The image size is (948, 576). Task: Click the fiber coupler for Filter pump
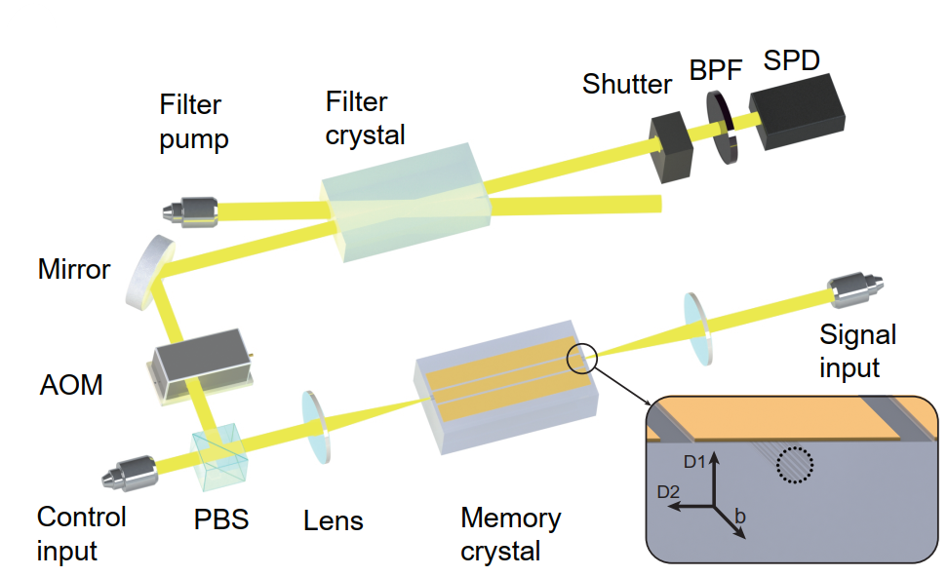[189, 209]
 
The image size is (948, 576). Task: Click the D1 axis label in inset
[692, 460]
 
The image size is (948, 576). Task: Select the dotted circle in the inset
[792, 466]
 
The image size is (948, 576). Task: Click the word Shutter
[626, 85]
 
